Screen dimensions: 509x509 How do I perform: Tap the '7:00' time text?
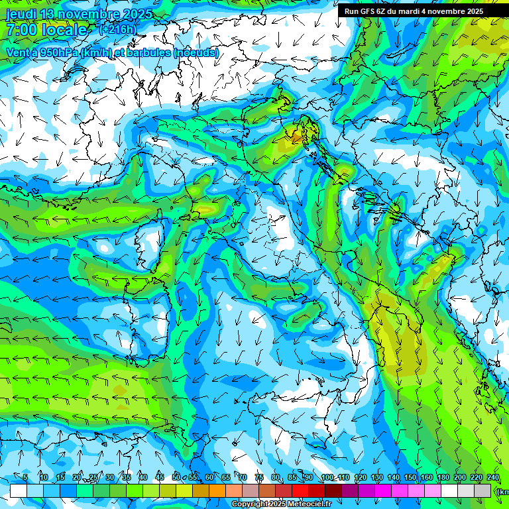coord(21,30)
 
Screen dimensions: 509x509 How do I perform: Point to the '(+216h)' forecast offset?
coord(118,29)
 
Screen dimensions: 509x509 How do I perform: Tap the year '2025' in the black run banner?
coord(472,11)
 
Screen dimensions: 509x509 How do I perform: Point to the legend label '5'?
coord(25,478)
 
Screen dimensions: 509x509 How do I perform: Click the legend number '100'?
coord(327,478)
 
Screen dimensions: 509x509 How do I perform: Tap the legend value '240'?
coord(493,478)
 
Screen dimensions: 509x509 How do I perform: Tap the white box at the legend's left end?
coord(19,490)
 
